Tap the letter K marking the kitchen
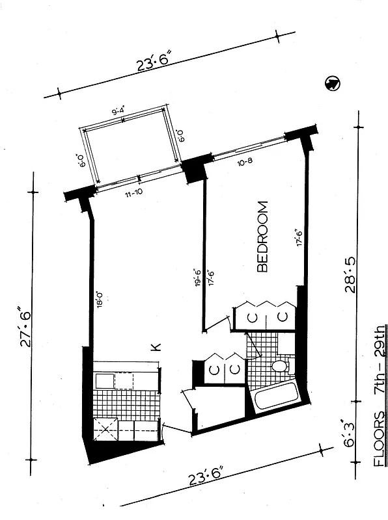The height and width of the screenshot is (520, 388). click(156, 348)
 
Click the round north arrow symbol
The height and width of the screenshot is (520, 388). click(332, 83)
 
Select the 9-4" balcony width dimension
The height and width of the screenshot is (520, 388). click(119, 112)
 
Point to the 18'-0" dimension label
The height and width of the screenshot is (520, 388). click(99, 301)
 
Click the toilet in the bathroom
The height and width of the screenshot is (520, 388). click(281, 367)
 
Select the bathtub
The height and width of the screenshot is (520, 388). click(275, 396)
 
